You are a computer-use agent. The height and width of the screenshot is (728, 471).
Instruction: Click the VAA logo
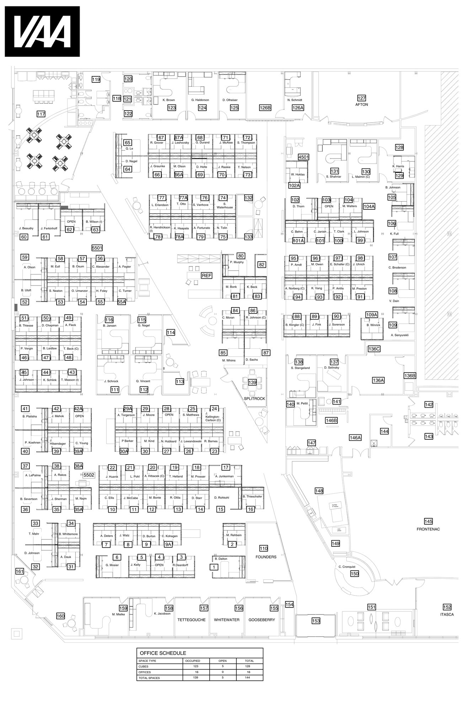click(42, 32)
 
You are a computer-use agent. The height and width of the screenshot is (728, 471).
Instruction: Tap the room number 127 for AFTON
click(362, 98)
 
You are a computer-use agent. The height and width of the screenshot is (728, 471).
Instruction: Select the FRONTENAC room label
click(428, 529)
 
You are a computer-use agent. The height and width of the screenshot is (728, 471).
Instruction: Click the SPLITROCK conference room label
click(254, 398)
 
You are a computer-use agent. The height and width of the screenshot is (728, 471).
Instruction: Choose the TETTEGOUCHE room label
click(191, 620)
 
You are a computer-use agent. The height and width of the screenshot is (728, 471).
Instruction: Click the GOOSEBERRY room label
click(262, 620)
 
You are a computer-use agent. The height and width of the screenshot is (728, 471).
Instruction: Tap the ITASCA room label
click(447, 614)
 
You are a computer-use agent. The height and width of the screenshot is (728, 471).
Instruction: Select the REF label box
click(207, 275)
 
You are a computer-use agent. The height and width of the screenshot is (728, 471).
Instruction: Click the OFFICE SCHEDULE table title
click(163, 653)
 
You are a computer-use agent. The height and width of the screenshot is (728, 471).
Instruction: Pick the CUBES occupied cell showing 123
click(196, 667)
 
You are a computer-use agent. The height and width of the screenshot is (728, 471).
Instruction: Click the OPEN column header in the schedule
click(223, 661)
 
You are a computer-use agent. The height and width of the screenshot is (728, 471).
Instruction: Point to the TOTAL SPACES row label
click(149, 678)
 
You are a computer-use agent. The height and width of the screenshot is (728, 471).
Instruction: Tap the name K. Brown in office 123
click(169, 100)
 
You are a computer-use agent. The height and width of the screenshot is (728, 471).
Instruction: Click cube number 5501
click(97, 248)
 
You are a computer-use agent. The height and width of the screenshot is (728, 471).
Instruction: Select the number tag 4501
click(304, 157)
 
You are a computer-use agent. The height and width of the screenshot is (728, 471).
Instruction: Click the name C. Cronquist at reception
click(347, 567)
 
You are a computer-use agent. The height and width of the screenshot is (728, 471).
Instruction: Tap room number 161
click(20, 572)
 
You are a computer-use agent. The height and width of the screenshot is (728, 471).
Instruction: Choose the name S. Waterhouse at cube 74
click(225, 205)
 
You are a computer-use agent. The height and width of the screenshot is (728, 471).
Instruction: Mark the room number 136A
click(378, 380)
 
